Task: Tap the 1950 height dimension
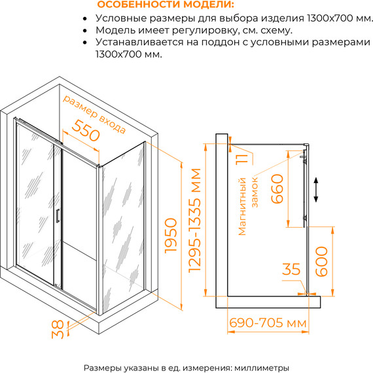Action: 171,236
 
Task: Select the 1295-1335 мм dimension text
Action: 194,221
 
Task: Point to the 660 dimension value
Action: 277,188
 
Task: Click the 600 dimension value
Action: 321,262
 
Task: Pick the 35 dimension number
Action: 291,269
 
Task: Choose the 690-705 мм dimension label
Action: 268,323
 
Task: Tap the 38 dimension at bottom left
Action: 58,329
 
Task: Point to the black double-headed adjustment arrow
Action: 316,190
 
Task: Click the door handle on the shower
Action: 58,216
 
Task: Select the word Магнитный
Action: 241,207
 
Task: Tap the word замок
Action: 255,192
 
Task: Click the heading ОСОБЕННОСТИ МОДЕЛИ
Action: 166,5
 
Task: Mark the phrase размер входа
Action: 94,114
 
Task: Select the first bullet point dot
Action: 85,18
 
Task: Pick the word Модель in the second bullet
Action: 115,31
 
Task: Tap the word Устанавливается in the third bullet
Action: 139,43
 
